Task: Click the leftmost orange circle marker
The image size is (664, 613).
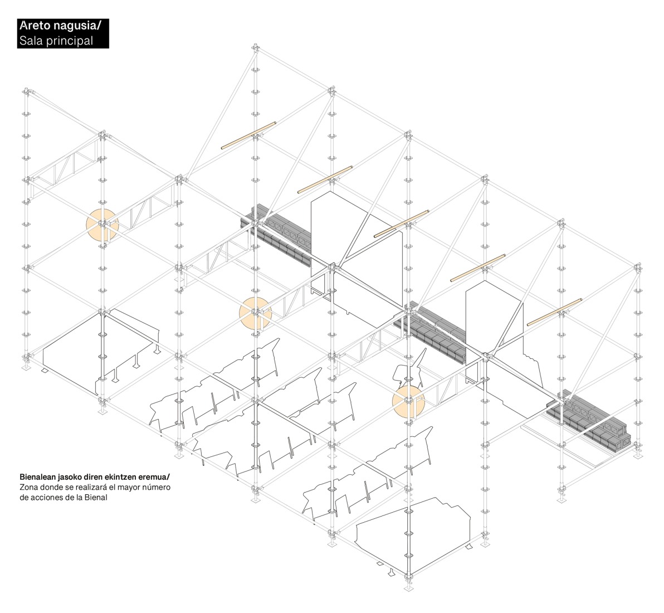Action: tap(102, 225)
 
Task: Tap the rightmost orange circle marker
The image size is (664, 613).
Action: tap(408, 401)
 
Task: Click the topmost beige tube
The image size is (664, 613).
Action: tap(249, 135)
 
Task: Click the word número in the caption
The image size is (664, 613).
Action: tap(156, 488)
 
